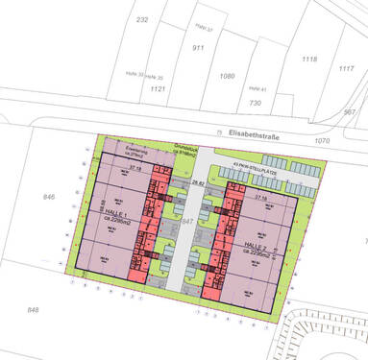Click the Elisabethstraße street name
255,136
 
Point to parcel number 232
143,19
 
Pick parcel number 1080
227,75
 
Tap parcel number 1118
308,60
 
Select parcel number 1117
346,68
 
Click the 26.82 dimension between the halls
198,179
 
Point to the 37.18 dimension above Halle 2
259,196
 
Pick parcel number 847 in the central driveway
188,222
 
